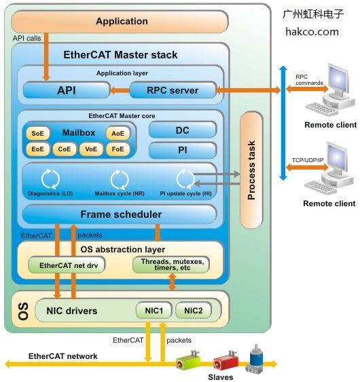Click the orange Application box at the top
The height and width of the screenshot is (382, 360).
pos(122,22)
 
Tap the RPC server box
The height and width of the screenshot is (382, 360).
pos(173,90)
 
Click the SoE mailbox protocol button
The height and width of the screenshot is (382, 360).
pos(37,133)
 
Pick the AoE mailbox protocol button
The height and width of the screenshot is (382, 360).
pos(118,133)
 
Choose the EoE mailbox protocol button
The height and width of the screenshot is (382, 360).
pos(37,149)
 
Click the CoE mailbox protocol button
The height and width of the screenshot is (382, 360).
pos(65,149)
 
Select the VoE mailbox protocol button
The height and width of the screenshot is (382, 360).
pos(92,149)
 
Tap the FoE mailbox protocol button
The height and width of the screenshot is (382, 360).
pos(118,149)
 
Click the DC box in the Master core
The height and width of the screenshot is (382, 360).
pos(182,130)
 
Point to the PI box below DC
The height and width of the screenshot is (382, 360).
pos(182,150)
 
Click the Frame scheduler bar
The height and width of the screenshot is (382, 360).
pos(120,214)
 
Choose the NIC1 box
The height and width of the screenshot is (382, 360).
pos(154,311)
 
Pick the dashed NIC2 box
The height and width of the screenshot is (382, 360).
pos(194,311)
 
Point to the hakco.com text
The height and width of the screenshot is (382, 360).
pos(312,31)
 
